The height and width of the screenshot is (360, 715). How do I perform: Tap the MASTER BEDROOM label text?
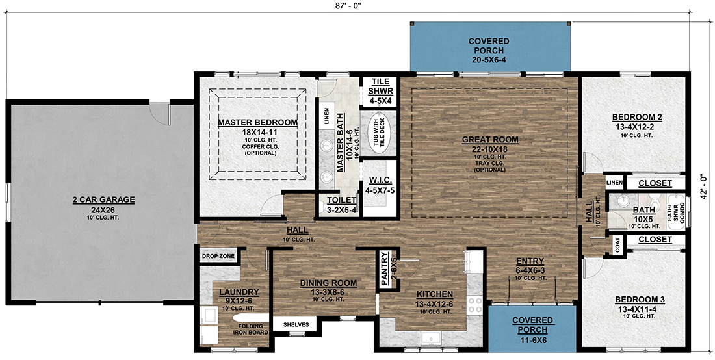(x=257, y=122)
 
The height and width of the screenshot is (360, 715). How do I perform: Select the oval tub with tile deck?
(x=378, y=133)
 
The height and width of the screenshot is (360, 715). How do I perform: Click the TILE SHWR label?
(x=380, y=86)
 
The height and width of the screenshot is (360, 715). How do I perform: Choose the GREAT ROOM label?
(x=490, y=139)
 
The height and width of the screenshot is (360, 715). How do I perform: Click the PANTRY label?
(x=384, y=268)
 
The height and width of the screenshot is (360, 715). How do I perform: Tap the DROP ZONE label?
(x=218, y=257)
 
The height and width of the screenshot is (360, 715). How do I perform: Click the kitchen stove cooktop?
(x=475, y=305)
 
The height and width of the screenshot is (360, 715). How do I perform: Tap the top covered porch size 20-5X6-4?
(x=489, y=59)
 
